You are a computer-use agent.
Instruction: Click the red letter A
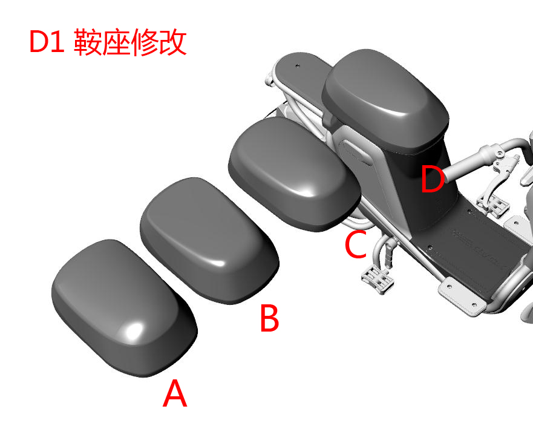pos(175,394)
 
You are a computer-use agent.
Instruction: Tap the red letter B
pos(269,319)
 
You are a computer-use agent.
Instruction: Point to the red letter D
pos(433,181)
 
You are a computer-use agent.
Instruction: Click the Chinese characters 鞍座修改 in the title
pos(130,43)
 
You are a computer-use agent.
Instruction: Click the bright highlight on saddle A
pos(134,330)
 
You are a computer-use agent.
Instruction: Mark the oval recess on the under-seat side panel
pos(357,151)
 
